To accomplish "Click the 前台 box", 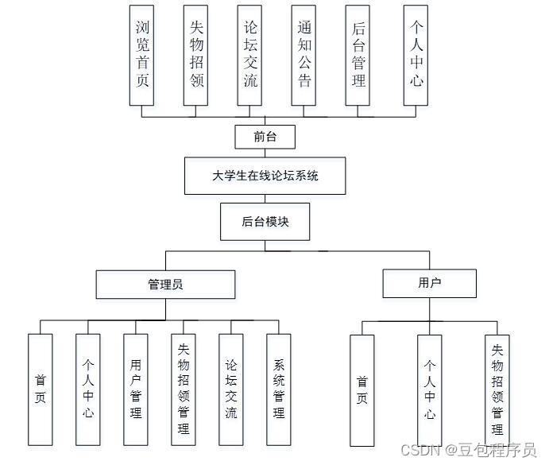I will [x=265, y=136].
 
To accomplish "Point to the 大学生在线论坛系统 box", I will [x=265, y=176].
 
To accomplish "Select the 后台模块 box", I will [x=265, y=222].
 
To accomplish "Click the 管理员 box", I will [x=165, y=284].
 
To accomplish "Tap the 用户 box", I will [x=429, y=283].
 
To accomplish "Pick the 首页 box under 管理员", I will [x=41, y=389].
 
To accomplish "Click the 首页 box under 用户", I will [x=362, y=389].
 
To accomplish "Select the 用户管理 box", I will [x=136, y=389].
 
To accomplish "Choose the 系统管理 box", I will [x=279, y=389].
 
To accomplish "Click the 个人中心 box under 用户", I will [x=429, y=389].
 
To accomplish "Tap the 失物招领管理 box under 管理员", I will [x=184, y=389].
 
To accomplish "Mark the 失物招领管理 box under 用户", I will [x=497, y=389].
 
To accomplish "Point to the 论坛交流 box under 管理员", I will [x=231, y=389].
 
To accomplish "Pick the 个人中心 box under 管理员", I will [x=88, y=389].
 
